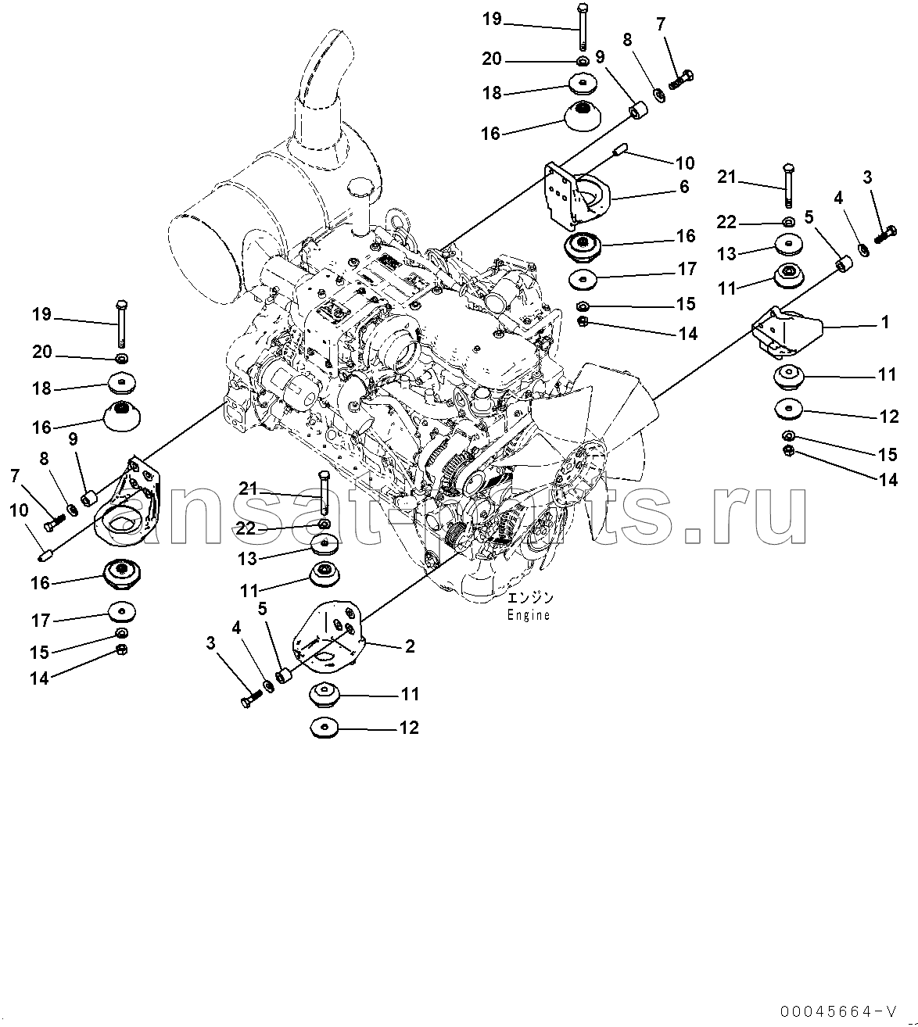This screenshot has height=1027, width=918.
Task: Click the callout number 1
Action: [x=884, y=322]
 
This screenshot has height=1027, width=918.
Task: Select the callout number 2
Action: [x=410, y=646]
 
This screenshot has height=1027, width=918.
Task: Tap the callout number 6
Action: [x=684, y=186]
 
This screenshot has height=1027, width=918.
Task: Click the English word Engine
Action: [x=528, y=615]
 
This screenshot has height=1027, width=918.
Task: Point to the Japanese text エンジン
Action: [x=530, y=599]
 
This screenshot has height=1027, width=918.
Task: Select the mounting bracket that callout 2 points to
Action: [x=328, y=637]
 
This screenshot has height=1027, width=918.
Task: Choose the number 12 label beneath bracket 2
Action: [x=409, y=728]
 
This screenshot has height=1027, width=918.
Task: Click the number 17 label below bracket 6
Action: [x=687, y=269]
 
